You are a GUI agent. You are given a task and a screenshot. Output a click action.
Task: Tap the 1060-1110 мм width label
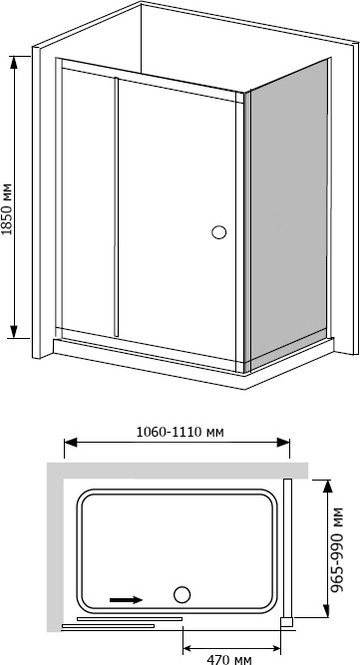pos(180,432)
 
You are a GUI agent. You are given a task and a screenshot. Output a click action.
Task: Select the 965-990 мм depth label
pos(337,549)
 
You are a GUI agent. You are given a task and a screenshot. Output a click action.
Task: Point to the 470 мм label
pos(229,659)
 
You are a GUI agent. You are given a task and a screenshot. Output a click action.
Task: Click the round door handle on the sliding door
pos(218,232)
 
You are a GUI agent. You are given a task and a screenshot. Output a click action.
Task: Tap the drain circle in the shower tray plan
pos(181,594)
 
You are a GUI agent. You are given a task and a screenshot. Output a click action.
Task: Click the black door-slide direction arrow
pos(126,599)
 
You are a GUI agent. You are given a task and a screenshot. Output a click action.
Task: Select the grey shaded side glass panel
pos(289,213)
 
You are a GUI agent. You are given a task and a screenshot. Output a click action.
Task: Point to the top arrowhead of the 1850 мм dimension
pos(14,63)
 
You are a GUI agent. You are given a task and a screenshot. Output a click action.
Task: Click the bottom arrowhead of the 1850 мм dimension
pos(14,332)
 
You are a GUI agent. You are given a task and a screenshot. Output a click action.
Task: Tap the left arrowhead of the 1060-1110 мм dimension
pos(71,443)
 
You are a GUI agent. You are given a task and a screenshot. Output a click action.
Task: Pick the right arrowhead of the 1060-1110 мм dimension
pos(283,443)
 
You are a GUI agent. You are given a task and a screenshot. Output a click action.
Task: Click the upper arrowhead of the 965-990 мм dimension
pos(326,486)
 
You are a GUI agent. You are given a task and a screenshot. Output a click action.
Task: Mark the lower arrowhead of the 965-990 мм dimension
pos(326,611)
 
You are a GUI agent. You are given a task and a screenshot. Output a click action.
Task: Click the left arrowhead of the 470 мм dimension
pos(189,648)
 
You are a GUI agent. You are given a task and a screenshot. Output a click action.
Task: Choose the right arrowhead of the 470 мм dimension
pos(274,648)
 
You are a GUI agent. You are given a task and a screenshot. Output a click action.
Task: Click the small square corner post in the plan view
pos(286,622)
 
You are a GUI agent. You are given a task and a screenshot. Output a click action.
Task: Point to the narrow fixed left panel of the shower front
pos(88,199)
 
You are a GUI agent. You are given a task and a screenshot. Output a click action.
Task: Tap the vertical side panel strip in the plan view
pos(287,548)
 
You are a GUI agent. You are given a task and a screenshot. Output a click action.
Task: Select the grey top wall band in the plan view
pos(178,471)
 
